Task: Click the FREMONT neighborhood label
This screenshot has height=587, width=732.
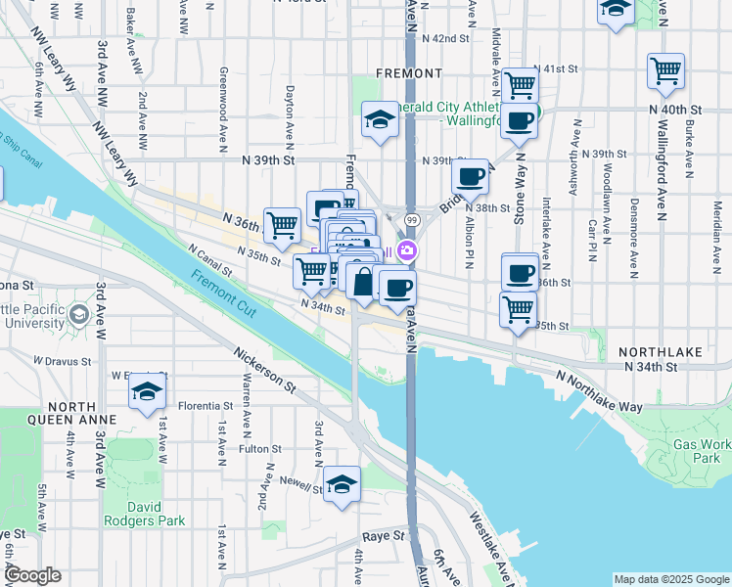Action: pos(408,73)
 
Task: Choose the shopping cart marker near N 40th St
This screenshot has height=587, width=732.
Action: pos(665,70)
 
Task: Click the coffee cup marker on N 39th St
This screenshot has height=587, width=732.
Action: pos(471,176)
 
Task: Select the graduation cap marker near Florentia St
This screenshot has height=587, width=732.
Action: pos(147,391)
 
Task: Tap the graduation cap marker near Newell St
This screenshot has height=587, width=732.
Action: pos(342,483)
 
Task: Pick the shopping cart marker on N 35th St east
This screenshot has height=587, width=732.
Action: pos(518,308)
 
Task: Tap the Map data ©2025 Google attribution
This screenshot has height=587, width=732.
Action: pos(670,579)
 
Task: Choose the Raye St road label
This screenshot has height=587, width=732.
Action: pos(383,536)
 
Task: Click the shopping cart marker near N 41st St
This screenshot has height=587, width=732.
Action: pos(521,84)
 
